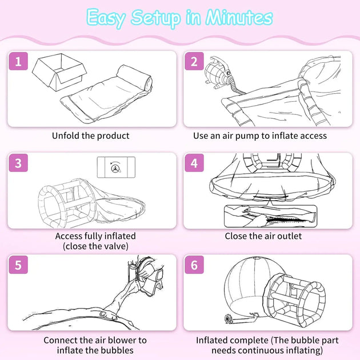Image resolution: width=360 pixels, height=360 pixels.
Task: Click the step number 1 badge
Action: (18, 61)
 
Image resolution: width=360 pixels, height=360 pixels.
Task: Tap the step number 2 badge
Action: (194, 61)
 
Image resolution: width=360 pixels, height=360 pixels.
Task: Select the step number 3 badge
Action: (18, 163)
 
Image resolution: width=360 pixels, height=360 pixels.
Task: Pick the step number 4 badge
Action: (194, 163)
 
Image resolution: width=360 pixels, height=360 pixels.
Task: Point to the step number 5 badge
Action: (18, 265)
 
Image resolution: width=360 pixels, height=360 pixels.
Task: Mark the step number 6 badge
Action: (194, 265)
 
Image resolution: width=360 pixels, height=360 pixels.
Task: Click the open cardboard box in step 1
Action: (59, 72)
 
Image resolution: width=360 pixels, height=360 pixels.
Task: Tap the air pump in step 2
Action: (218, 73)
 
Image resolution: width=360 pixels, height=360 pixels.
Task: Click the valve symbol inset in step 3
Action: (116, 167)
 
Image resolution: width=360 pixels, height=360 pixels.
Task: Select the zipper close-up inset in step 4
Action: (271, 216)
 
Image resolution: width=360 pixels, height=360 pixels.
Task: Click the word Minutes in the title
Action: (239, 18)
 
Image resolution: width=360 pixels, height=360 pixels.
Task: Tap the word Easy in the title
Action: (106, 18)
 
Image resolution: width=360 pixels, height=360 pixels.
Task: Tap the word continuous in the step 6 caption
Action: (262, 350)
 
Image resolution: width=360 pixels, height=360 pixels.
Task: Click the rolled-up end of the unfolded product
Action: (134, 78)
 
